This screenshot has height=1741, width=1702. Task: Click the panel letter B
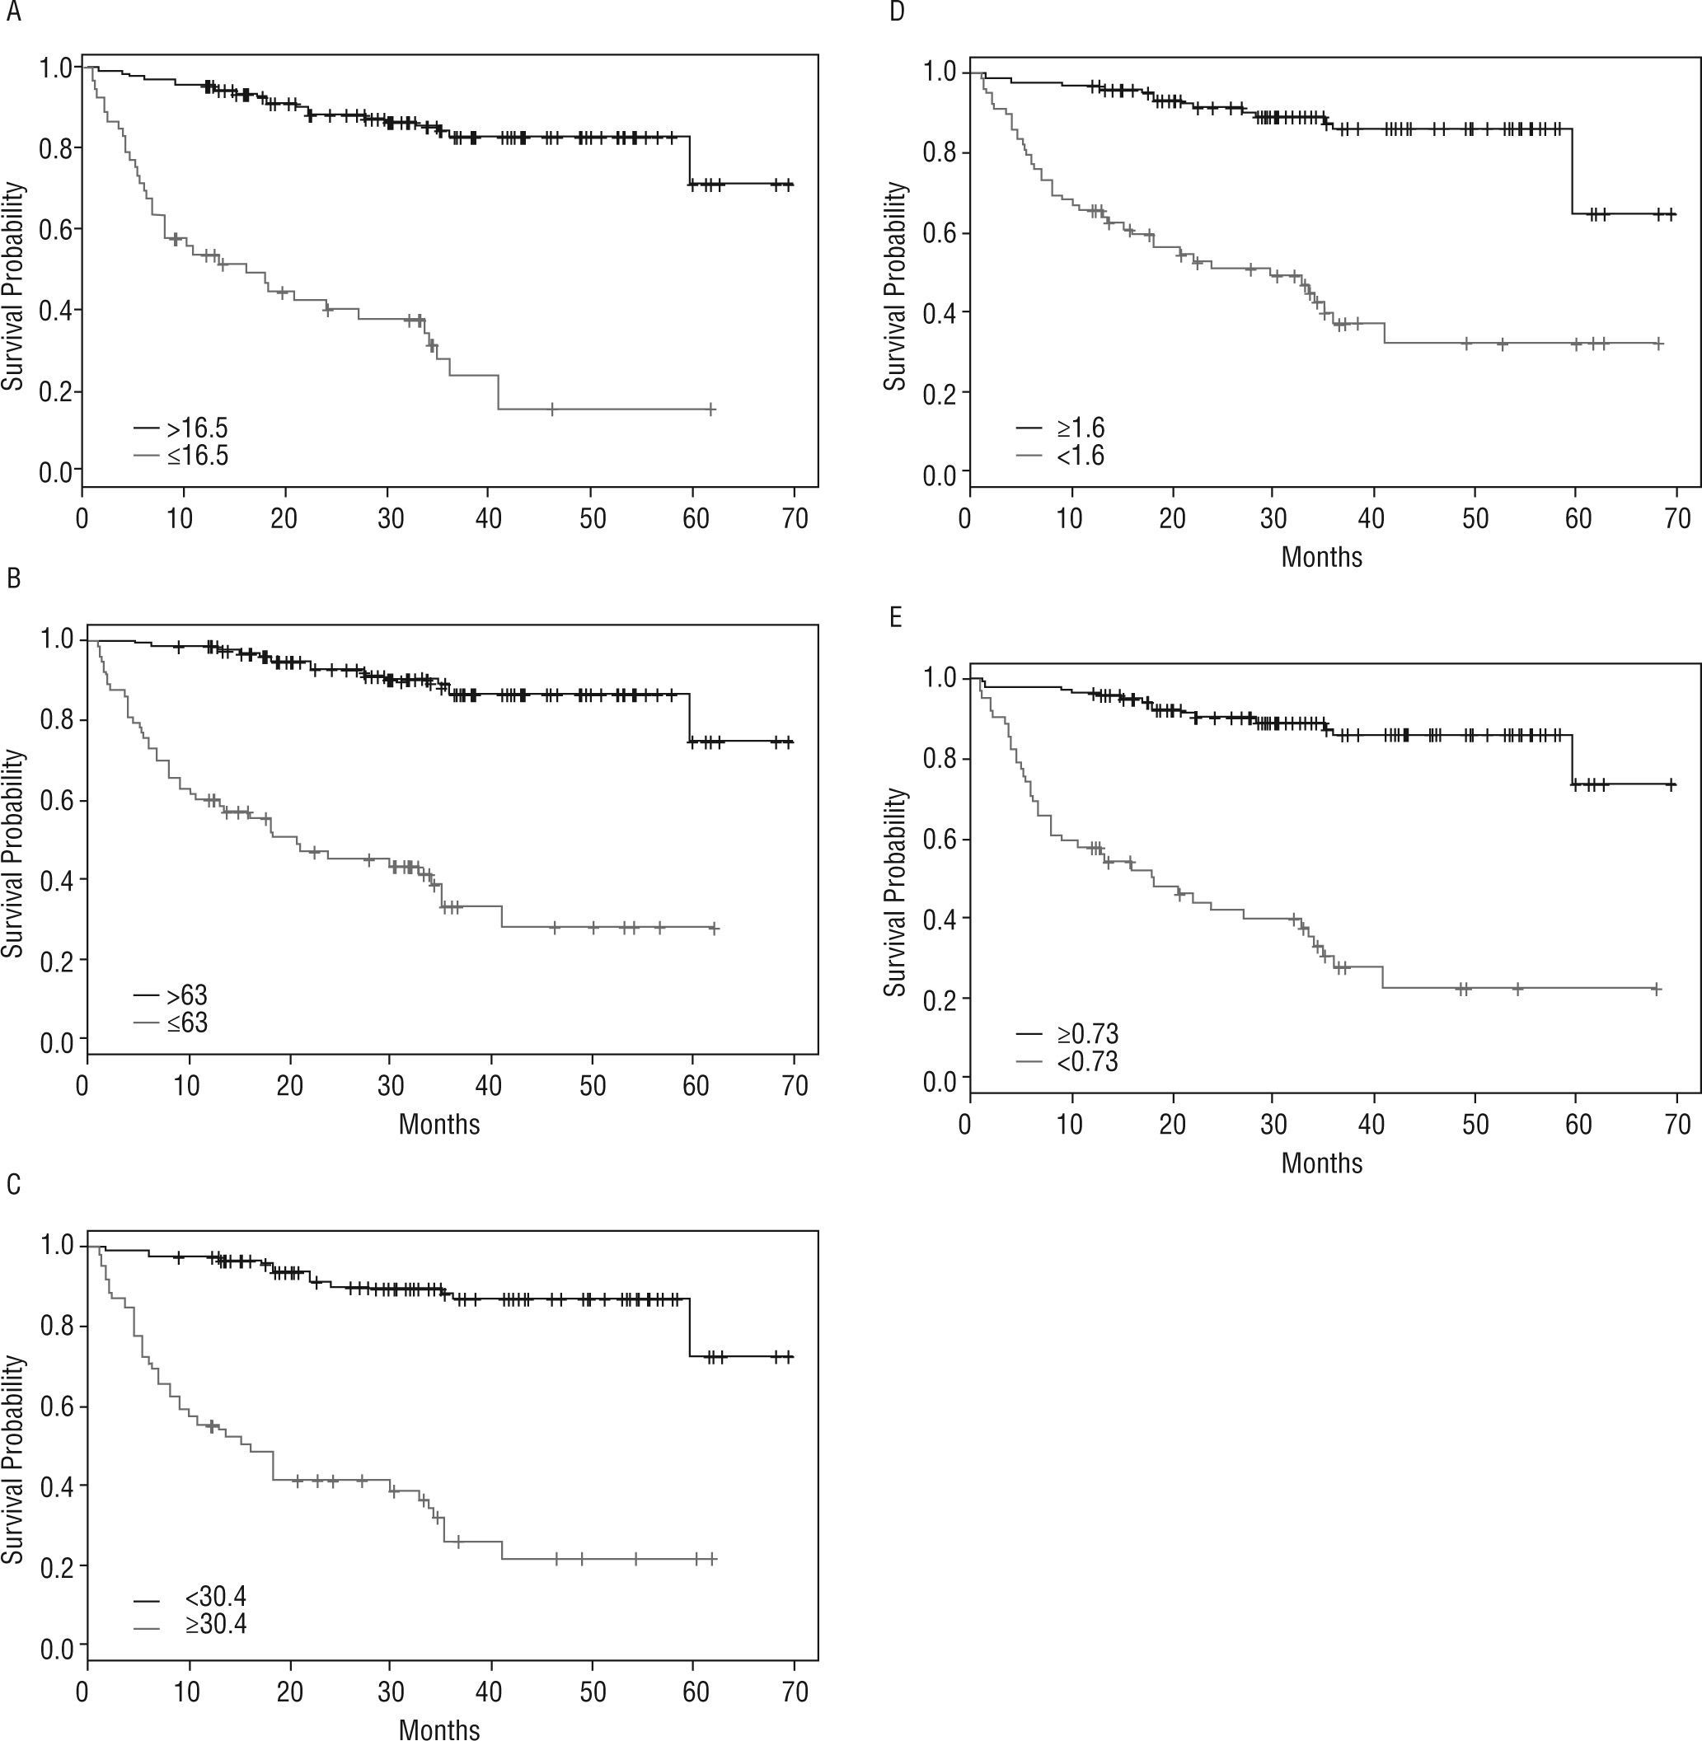pos(12,579)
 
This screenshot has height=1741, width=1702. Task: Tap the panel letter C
pos(12,1184)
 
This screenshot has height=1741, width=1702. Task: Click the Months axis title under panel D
pos(1321,557)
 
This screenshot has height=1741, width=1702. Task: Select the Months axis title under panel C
pos(439,1729)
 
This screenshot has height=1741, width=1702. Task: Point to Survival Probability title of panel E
pos(895,893)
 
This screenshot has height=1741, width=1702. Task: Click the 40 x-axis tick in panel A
pos(490,518)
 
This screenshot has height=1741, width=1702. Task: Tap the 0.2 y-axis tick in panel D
pos(940,392)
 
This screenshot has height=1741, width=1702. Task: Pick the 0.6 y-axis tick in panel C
pos(57,1407)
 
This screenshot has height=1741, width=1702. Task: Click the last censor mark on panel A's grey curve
pos(711,409)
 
